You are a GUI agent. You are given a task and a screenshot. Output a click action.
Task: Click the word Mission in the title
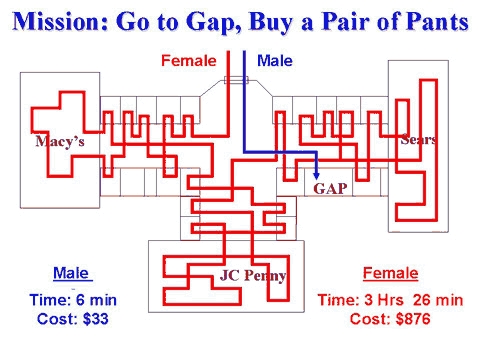point(61,21)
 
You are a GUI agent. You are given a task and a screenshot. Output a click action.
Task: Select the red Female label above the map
point(188,61)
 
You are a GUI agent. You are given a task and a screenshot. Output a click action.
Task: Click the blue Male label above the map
point(274,61)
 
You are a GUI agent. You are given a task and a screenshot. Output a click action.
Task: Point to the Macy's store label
point(60,142)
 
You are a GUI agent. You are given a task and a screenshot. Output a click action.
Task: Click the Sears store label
point(417,139)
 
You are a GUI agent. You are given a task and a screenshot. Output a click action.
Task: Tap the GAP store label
point(330,187)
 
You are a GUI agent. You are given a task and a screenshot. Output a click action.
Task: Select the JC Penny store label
point(253,276)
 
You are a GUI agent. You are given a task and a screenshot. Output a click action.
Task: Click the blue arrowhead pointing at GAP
point(317,172)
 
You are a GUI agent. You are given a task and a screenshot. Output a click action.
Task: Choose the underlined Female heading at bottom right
point(390,273)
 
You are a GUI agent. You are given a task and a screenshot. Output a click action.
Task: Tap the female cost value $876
point(422,320)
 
